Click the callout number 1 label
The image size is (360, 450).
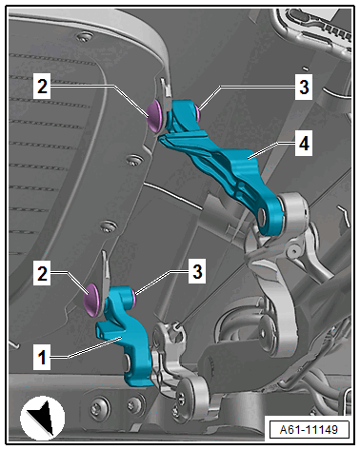(42, 358)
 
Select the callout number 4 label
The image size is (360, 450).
(304, 144)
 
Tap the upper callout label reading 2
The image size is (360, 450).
(42, 87)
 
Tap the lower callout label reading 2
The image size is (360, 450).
(42, 273)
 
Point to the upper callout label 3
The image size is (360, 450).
(304, 87)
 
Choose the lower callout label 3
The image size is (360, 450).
(197, 271)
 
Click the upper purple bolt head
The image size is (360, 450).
(154, 116)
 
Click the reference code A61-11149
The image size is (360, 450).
(309, 430)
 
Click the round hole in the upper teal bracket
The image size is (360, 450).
(262, 216)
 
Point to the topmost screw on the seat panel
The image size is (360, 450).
(84, 36)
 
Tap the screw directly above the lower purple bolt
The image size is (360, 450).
(108, 226)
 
